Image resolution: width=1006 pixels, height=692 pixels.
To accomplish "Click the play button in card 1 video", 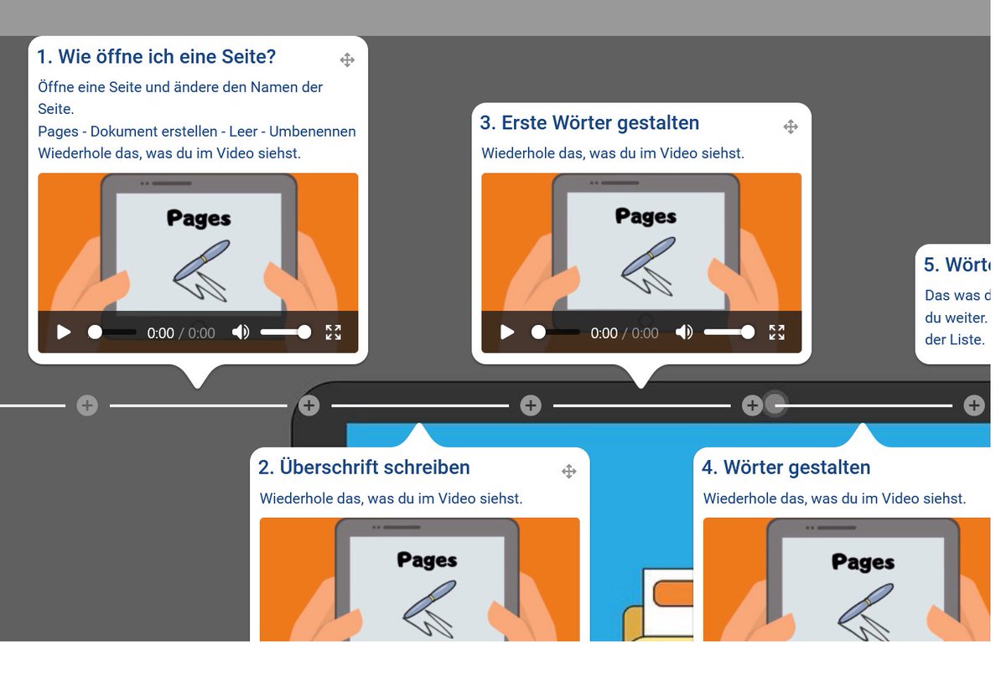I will click(x=64, y=333).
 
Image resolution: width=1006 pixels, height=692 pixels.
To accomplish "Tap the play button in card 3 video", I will click(x=507, y=333).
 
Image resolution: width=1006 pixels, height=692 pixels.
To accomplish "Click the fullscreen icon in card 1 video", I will click(x=334, y=333).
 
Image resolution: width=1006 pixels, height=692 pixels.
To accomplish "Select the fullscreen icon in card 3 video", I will click(x=777, y=333).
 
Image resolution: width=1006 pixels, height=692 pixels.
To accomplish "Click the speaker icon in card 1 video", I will click(x=241, y=333).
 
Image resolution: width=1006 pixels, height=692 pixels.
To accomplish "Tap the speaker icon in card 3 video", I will click(x=684, y=333).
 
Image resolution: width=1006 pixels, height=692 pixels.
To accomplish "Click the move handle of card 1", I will click(x=347, y=59).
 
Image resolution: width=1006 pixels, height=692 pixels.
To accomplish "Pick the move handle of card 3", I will click(x=791, y=127).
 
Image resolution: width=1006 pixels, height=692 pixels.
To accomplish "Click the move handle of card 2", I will click(x=569, y=472).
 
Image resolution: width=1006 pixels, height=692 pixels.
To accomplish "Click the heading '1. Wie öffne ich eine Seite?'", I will click(x=156, y=57).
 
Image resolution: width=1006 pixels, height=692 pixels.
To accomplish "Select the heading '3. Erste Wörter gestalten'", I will click(x=589, y=123).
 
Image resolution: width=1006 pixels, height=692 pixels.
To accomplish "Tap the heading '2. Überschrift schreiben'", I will click(x=364, y=467).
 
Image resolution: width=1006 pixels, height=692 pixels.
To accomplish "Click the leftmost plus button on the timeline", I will click(x=87, y=405).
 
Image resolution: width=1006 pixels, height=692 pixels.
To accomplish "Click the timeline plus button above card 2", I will click(x=309, y=405).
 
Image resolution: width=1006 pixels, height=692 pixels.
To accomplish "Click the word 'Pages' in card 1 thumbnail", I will click(x=199, y=219).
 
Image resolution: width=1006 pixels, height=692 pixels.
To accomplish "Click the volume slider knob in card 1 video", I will click(x=304, y=333).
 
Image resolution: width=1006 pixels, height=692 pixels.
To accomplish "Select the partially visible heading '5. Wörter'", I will click(x=957, y=265).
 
